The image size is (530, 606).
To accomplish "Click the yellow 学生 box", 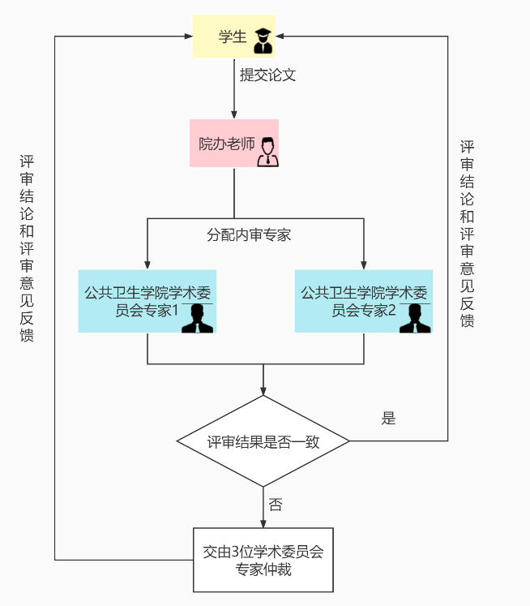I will (233, 37).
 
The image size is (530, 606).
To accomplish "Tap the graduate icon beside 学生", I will (263, 37).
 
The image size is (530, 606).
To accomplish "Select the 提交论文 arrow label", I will (267, 75).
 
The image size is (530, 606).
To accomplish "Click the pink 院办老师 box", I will (233, 144).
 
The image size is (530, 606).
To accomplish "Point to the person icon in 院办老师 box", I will (267, 152).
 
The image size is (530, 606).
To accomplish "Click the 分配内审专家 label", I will (249, 235).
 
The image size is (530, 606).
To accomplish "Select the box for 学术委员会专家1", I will (147, 301).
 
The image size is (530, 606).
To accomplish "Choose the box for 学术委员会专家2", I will (363, 301).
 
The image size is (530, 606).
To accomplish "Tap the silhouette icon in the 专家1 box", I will (197, 318).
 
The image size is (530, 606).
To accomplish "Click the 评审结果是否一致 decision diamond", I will (263, 441).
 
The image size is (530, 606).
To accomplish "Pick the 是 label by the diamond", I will (388, 419).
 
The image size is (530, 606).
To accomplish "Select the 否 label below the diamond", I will (276, 505).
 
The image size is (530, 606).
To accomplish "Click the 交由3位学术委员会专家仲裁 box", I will (263, 560).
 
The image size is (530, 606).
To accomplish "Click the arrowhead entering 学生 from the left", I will (188, 37).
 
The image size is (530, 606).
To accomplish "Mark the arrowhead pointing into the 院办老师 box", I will (234, 114).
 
